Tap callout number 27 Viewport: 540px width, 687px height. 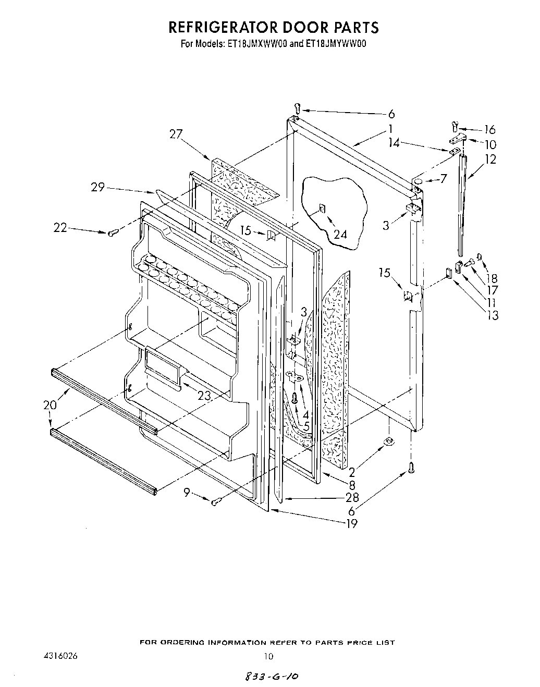pos(176,134)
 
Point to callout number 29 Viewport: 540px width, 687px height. pos(99,187)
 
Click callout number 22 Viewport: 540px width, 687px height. pos(60,227)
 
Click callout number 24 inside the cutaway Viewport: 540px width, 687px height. pos(340,235)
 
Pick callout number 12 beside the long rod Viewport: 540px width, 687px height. pos(490,160)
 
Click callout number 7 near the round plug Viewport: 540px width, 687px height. pos(443,179)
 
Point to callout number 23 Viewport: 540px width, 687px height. pos(204,396)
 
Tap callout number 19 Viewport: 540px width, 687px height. pos(352,524)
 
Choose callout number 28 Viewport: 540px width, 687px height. pos(352,498)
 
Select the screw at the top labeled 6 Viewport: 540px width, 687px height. pos(298,108)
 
